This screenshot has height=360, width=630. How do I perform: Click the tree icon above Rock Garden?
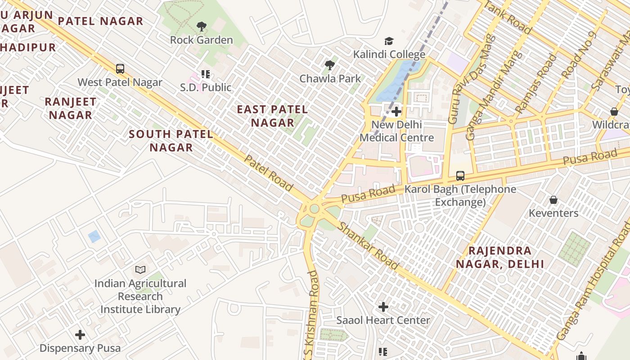pyautogui.click(x=202, y=27)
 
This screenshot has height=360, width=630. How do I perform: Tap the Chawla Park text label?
pyautogui.click(x=330, y=79)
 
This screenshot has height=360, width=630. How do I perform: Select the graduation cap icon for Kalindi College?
pyautogui.click(x=389, y=41)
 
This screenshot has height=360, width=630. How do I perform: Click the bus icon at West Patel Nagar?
pyautogui.click(x=120, y=69)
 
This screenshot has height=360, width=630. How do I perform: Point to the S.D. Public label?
pyautogui.click(x=206, y=87)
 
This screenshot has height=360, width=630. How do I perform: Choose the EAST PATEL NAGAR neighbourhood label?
pyautogui.click(x=272, y=116)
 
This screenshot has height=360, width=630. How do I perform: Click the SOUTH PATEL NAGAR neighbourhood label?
pyautogui.click(x=171, y=140)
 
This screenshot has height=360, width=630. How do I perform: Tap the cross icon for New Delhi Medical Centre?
pyautogui.click(x=396, y=111)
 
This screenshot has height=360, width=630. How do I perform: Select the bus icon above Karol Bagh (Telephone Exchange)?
pyautogui.click(x=460, y=176)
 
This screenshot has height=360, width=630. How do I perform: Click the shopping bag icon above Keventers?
pyautogui.click(x=553, y=199)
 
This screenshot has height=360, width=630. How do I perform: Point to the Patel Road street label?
pyautogui.click(x=269, y=173)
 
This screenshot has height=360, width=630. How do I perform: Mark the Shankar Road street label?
pyautogui.click(x=368, y=246)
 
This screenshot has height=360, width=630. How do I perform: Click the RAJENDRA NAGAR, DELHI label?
pyautogui.click(x=500, y=257)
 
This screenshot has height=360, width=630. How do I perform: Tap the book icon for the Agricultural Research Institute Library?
pyautogui.click(x=140, y=270)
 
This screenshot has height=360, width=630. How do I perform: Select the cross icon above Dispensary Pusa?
pyautogui.click(x=80, y=335)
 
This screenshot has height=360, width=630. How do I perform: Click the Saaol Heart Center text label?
pyautogui.click(x=383, y=320)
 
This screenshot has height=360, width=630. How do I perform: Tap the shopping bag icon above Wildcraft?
pyautogui.click(x=614, y=111)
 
